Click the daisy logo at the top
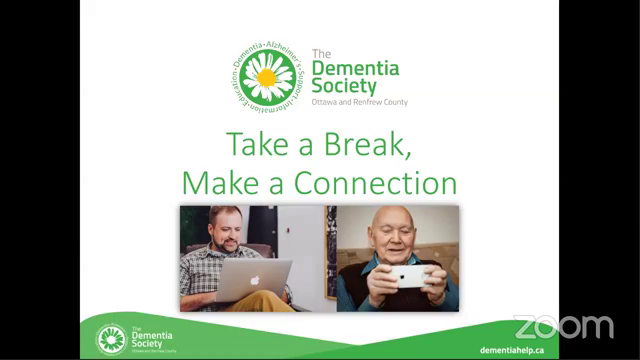tap(267, 77)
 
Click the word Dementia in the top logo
tap(355, 69)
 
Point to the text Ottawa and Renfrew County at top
tap(360, 102)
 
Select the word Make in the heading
tap(214, 183)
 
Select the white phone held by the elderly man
tap(411, 276)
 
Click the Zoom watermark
tap(563, 326)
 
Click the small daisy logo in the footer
tap(110, 339)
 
